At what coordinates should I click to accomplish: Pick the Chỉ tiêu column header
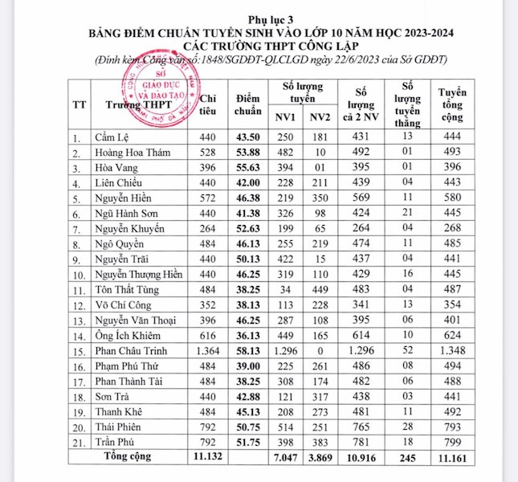[x=207, y=103]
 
